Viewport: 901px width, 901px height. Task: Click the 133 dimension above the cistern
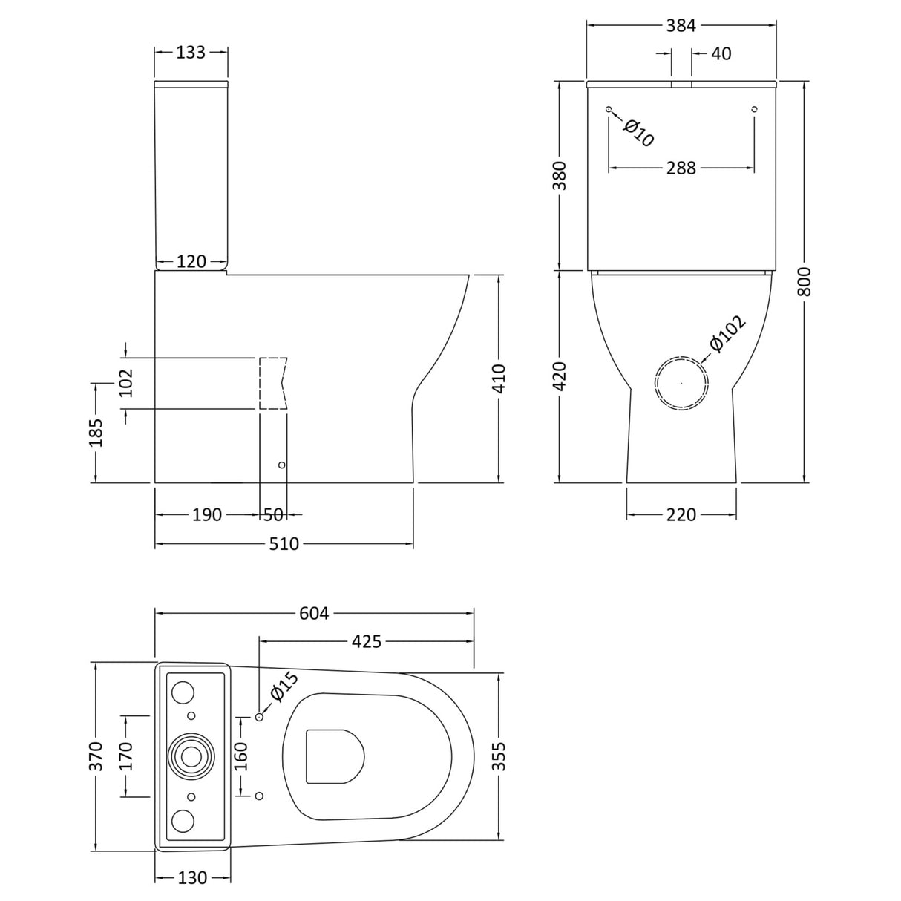(191, 53)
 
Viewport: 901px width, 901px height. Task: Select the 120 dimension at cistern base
(191, 262)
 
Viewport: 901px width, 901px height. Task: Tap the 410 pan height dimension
(498, 378)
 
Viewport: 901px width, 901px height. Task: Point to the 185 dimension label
(96, 432)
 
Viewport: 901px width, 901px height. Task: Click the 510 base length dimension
(284, 544)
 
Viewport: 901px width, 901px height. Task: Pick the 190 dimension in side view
(207, 514)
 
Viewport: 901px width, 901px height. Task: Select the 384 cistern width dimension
(681, 25)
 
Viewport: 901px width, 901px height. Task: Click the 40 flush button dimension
(721, 53)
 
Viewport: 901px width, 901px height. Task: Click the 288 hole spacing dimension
(681, 168)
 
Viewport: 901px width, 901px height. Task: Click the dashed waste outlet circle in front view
(681, 383)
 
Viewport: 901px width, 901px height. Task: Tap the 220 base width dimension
(681, 514)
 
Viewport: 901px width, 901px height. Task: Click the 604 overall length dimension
(313, 613)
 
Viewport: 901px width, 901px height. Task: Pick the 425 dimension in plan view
(366, 640)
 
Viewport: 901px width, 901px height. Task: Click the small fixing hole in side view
(281, 465)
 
